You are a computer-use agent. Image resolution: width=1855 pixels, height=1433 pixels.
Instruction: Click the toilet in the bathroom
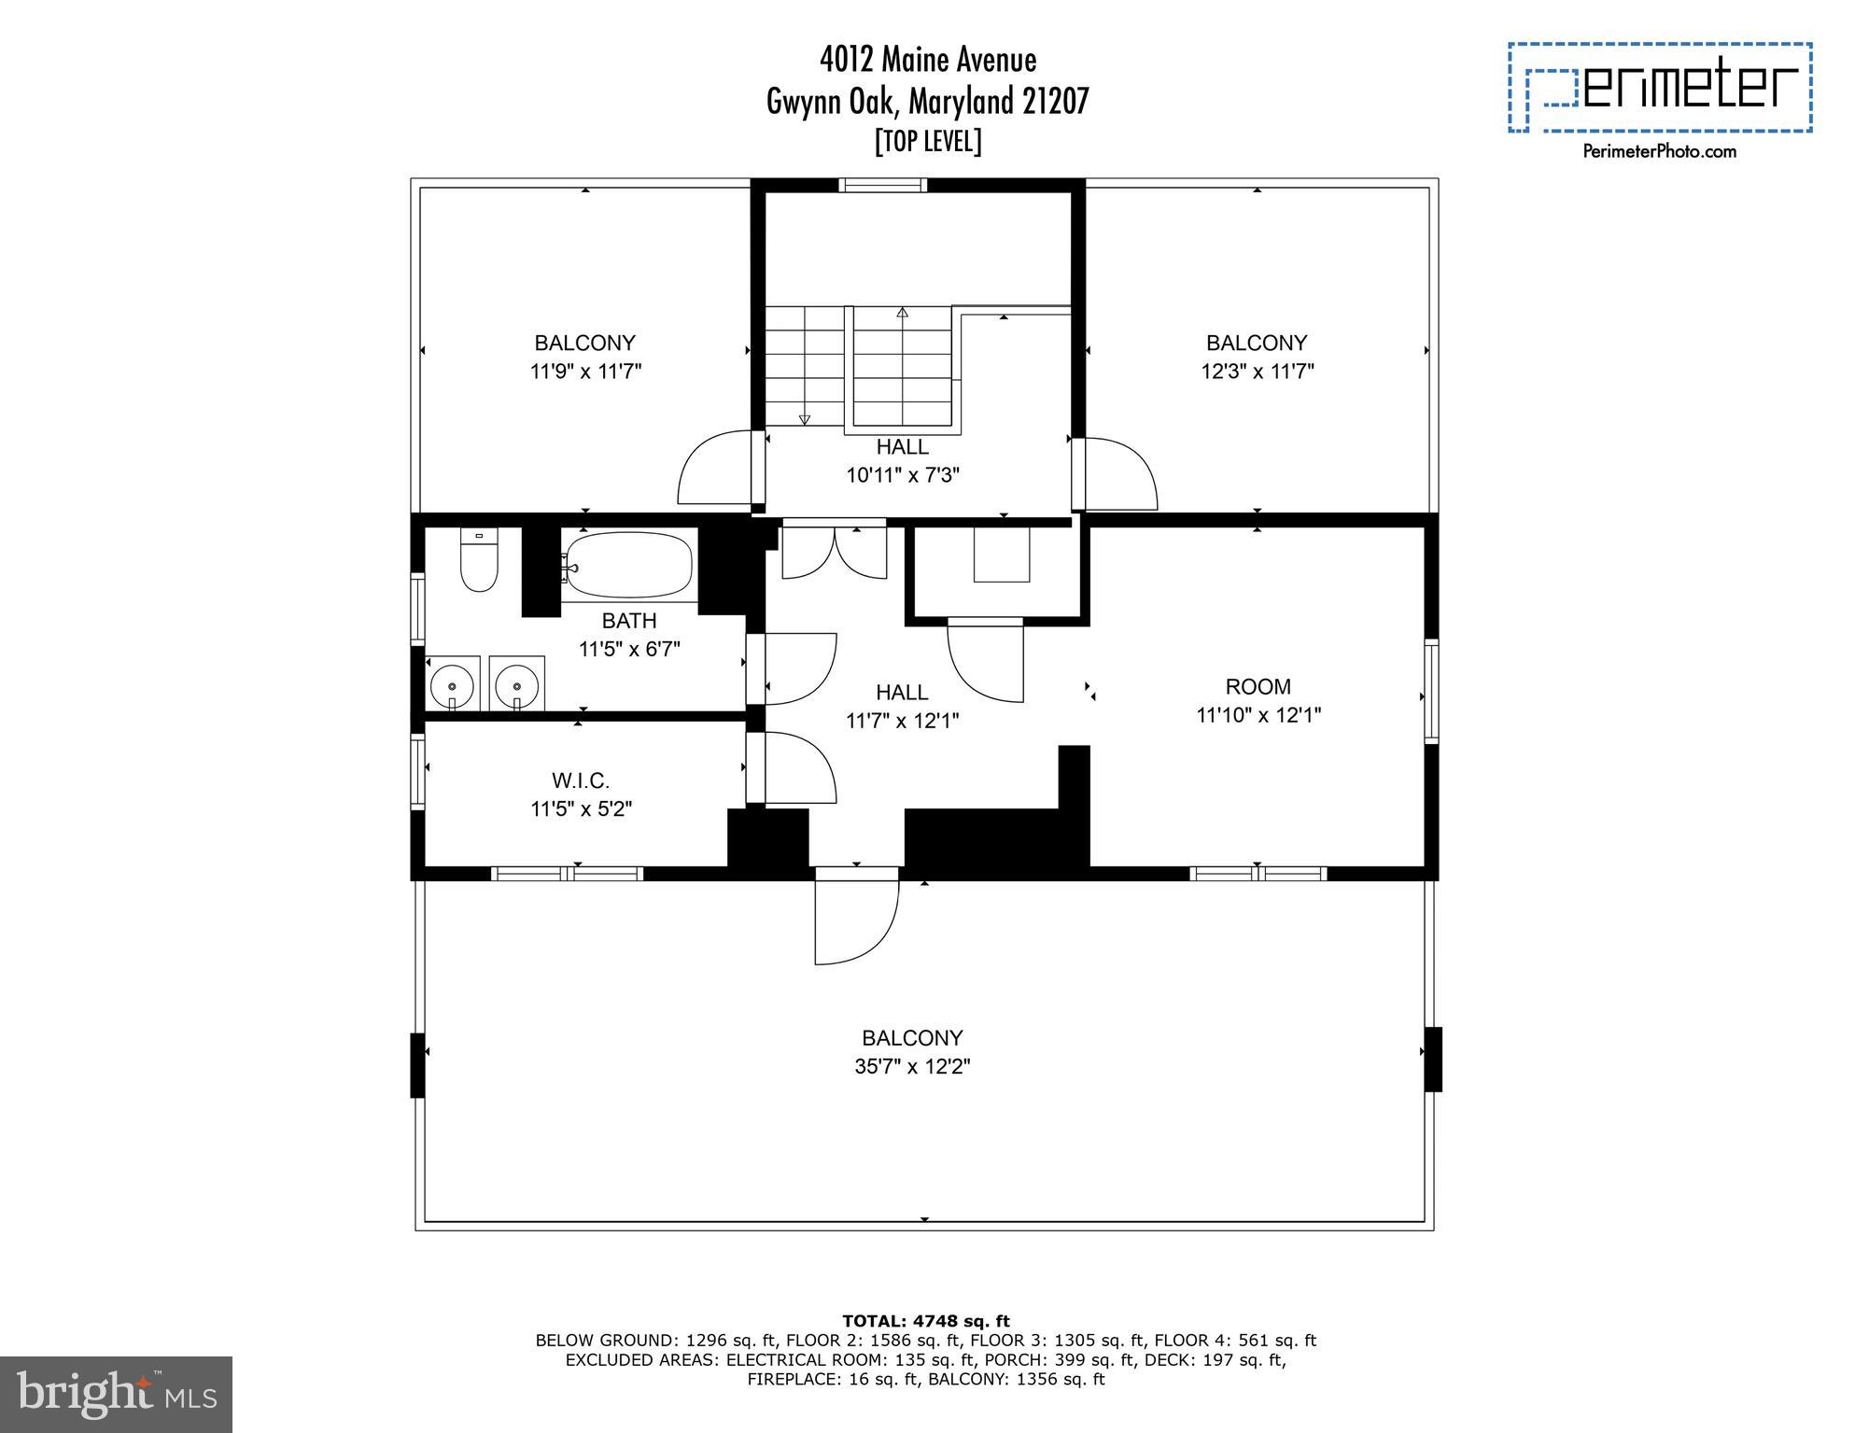point(479,562)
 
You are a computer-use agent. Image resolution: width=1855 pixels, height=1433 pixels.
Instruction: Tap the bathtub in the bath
point(629,564)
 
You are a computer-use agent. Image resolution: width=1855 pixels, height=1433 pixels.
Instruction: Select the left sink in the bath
point(454,685)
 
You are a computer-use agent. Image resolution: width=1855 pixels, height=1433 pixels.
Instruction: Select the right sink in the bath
point(516,685)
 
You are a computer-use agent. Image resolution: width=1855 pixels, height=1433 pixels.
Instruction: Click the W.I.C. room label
point(581,780)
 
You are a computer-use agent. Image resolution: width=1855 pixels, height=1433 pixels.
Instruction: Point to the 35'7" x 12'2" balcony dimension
point(912,1066)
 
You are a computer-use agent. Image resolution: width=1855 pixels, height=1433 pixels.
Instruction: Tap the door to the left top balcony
point(714,469)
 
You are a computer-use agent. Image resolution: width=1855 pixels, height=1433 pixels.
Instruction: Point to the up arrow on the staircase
point(902,313)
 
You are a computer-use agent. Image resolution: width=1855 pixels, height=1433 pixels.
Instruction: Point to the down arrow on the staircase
point(805,419)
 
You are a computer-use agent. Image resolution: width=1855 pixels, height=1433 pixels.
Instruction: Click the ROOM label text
point(1258,687)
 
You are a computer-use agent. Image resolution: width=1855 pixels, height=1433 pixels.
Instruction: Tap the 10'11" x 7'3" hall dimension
point(903,475)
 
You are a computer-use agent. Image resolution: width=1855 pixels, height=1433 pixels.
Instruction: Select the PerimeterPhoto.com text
point(1659,151)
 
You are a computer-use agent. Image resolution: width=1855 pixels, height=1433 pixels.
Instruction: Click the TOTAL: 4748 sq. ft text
point(925,1321)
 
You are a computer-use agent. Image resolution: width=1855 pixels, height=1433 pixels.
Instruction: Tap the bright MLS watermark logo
point(116,1395)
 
